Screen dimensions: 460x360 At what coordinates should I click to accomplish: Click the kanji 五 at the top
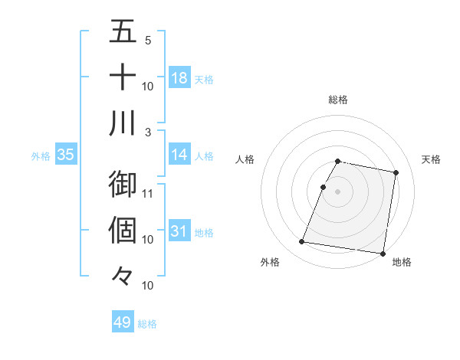pos(123,33)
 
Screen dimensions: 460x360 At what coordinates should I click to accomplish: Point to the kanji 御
pos(123,184)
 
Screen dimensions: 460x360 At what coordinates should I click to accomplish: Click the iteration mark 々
pos(123,275)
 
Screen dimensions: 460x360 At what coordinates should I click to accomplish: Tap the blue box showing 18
pos(179,78)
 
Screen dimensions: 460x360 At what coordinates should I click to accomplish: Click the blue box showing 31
pos(179,231)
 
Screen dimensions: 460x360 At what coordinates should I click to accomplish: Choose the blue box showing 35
pos(66,155)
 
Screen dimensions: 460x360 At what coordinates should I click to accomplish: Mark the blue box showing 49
pos(123,322)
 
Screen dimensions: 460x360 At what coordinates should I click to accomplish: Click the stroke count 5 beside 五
pos(148,40)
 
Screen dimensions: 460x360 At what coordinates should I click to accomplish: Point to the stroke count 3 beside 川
pos(148,132)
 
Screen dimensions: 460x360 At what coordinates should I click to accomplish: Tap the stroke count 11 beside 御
pos(148,192)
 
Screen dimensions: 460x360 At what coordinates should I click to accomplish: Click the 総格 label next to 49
pos(148,324)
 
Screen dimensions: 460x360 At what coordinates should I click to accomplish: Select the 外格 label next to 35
pos(41,156)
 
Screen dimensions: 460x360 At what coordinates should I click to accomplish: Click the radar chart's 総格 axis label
pos(338,100)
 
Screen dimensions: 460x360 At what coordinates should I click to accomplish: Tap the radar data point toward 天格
pos(396,173)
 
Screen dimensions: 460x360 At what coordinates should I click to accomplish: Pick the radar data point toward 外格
pos(302,242)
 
